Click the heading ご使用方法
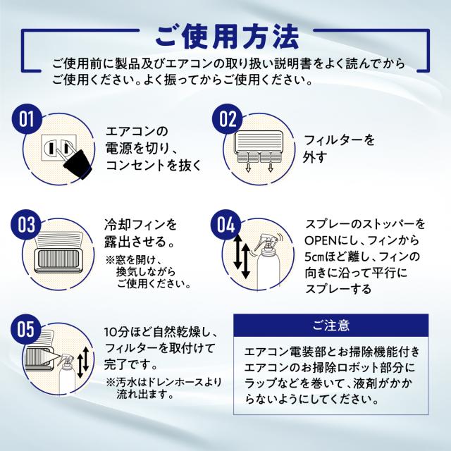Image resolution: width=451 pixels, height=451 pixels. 225,33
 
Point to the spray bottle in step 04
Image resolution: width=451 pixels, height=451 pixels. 269,261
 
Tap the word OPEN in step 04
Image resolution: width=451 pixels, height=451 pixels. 321,240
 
